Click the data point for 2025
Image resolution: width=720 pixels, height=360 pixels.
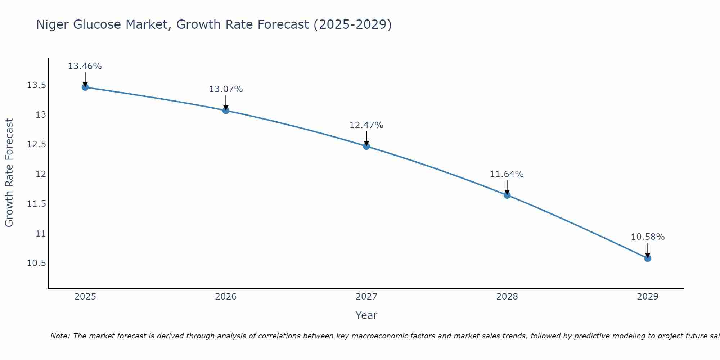tap(85, 87)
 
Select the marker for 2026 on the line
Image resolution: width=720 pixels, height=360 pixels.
tap(226, 111)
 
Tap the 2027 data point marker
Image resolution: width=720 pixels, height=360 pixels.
tap(366, 146)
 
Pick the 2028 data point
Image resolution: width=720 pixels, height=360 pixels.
tap(507, 195)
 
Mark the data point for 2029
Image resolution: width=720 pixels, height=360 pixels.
tap(648, 258)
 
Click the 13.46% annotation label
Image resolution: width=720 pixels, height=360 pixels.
tap(85, 66)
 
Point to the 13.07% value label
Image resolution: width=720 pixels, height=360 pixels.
tap(226, 89)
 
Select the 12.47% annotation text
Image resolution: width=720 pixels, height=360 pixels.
tap(366, 125)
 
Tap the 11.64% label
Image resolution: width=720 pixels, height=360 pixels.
tap(507, 174)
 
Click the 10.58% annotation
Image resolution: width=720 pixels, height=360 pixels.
tap(648, 237)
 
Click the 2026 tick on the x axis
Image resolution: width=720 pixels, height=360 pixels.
tap(226, 297)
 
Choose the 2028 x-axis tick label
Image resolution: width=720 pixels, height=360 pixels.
tap(507, 297)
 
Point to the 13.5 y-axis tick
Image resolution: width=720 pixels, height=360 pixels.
tap(36, 85)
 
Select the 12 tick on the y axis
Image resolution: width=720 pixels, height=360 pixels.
tap(41, 174)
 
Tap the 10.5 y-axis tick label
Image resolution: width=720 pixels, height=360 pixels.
tap(36, 263)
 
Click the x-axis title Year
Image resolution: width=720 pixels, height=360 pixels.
tap(366, 315)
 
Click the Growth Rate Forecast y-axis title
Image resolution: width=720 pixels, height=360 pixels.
tap(9, 172)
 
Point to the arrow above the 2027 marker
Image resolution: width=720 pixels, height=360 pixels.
tap(366, 138)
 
